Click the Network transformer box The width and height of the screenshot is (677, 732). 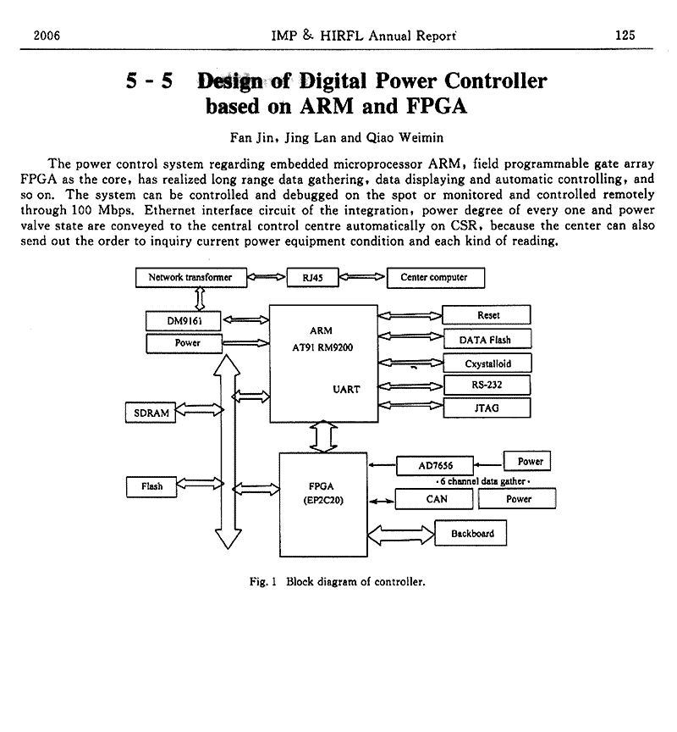coord(190,277)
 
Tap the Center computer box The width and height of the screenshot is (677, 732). coord(433,277)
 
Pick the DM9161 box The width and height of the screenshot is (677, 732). coord(183,322)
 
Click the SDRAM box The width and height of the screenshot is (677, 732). coord(151,413)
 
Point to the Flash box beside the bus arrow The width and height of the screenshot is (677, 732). coord(151,486)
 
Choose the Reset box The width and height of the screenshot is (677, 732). coord(488,315)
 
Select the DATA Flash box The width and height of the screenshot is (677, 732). coord(488,340)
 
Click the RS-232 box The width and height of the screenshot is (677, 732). coord(488,385)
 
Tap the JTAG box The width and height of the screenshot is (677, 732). coord(488,408)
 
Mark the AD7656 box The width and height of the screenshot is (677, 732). coord(436,465)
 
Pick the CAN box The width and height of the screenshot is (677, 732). coord(436,499)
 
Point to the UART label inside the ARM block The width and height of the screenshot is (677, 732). coord(346,389)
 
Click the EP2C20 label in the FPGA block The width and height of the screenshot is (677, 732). coord(322,500)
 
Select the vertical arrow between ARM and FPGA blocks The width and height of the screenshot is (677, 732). coord(324,437)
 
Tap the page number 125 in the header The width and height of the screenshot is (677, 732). coord(625,36)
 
